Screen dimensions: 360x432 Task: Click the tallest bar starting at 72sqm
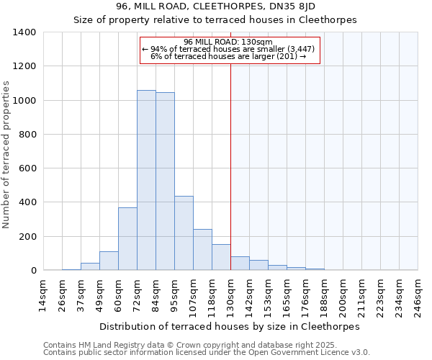(x=146, y=180)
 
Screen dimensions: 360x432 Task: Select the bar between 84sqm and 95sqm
(x=165, y=181)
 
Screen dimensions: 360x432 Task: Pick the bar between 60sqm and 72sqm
(x=127, y=239)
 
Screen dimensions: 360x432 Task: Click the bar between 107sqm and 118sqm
(x=202, y=250)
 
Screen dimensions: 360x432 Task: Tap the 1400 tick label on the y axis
(x=24, y=32)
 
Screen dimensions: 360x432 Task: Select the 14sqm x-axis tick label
(x=43, y=294)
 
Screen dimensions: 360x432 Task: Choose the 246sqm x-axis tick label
(x=418, y=294)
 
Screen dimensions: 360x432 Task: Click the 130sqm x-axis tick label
(x=230, y=294)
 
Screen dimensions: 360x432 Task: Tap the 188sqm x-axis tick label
(x=324, y=294)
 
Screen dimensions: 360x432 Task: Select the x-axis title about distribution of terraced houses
(x=229, y=326)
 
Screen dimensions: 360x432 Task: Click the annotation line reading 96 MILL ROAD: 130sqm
(x=228, y=42)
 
